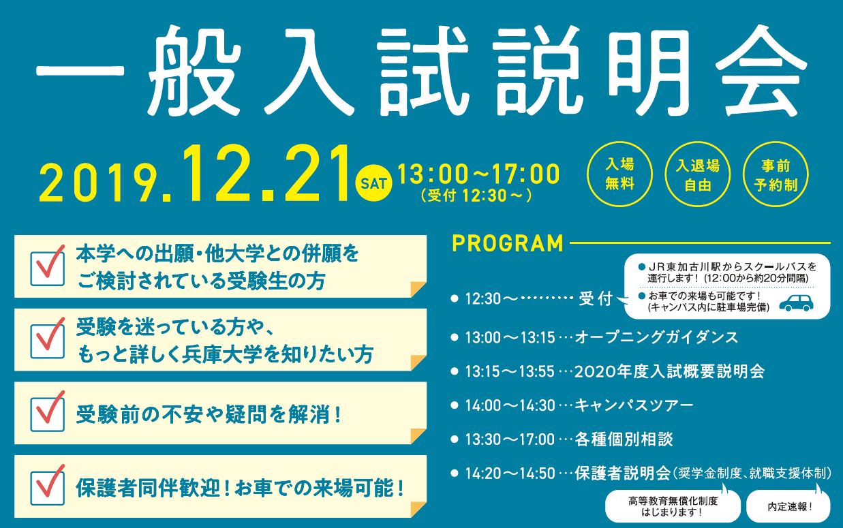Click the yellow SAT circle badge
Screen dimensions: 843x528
pyautogui.click(x=373, y=183)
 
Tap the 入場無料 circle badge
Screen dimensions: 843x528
pyautogui.click(x=619, y=174)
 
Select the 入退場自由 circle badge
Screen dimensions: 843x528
pyautogui.click(x=697, y=174)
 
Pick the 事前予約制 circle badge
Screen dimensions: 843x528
pyautogui.click(x=776, y=174)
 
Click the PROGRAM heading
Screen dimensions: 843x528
pyautogui.click(x=508, y=243)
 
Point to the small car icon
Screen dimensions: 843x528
pyautogui.click(x=796, y=303)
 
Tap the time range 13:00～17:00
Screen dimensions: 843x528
pyautogui.click(x=478, y=174)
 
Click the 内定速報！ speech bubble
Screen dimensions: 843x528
pyautogui.click(x=788, y=507)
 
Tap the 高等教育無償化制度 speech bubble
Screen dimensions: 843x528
pyautogui.click(x=673, y=507)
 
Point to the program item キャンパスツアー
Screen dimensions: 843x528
pyautogui.click(x=634, y=405)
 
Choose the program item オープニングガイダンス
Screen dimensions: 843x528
pyautogui.click(x=656, y=337)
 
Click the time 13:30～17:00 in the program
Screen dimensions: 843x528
pyautogui.click(x=510, y=439)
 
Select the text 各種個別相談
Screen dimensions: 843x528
pyautogui.click(x=624, y=439)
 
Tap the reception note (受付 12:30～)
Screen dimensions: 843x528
pyautogui.click(x=476, y=196)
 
